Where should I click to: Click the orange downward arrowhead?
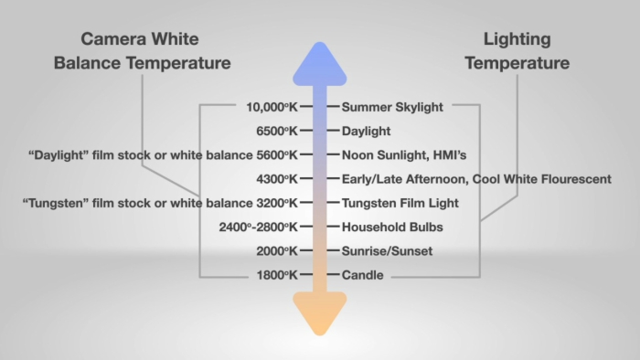(x=320, y=312)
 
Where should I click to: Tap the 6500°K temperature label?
(x=278, y=131)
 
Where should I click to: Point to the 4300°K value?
(x=278, y=179)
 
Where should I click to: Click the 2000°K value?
(x=278, y=251)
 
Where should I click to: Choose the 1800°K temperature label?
(x=278, y=275)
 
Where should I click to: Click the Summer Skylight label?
(x=392, y=107)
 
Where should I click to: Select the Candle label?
(x=364, y=275)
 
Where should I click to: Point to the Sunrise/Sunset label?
(x=387, y=251)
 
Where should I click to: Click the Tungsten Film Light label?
(x=400, y=203)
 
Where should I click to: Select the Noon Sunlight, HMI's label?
(x=404, y=155)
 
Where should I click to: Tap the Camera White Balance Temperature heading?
(x=143, y=51)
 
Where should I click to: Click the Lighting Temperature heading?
(x=517, y=51)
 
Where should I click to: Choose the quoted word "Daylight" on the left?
(x=59, y=155)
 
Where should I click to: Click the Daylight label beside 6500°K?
(x=366, y=131)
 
